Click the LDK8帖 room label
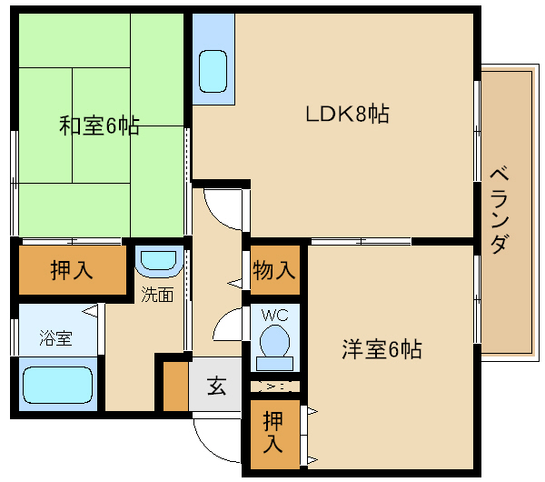[347, 114]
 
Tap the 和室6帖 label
[99, 126]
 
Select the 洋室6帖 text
[382, 349]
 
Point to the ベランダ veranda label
[500, 210]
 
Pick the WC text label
[275, 316]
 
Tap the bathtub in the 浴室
[58, 385]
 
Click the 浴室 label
[56, 338]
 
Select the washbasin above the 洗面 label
[159, 261]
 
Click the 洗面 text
[157, 295]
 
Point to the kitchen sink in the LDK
[213, 71]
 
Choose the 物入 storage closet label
[274, 270]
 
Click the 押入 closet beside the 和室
[72, 270]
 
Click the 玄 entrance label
[216, 386]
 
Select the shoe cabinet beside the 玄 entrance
[175, 387]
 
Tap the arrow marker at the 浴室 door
[90, 311]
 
